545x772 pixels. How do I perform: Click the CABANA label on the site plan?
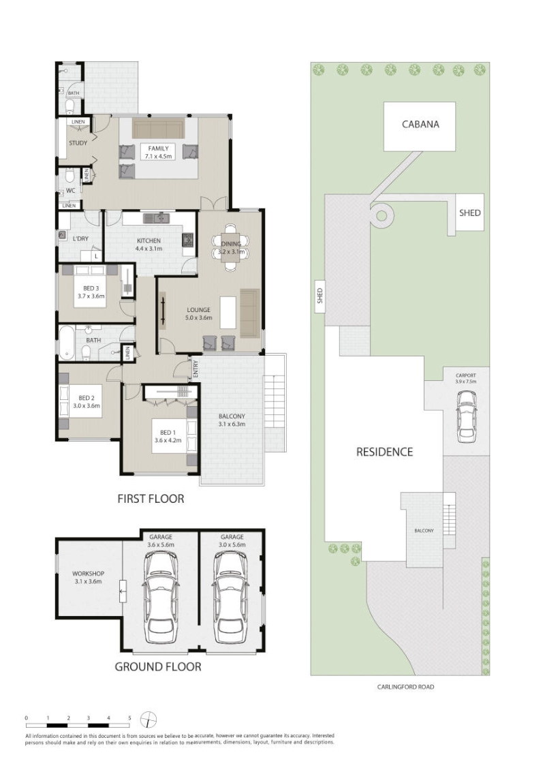tap(420, 124)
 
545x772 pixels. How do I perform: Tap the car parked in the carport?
tap(466, 416)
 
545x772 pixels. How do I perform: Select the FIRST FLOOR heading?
tap(151, 499)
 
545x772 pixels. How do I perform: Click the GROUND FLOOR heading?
tap(158, 666)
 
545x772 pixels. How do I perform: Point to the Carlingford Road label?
tap(405, 687)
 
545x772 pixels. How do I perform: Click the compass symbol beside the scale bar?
tap(148, 720)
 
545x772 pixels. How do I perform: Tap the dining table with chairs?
tap(231, 247)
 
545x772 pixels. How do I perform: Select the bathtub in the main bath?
tap(66, 342)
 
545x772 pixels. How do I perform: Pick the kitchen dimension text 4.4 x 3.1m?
tap(149, 249)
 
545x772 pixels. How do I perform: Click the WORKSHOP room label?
tap(88, 574)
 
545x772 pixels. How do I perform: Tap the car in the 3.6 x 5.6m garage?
tap(161, 597)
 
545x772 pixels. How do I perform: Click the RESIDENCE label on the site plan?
tap(384, 452)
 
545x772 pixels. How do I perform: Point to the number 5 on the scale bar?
tap(129, 718)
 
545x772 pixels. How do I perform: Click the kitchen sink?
tap(157, 217)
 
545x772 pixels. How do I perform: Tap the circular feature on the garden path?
tap(381, 215)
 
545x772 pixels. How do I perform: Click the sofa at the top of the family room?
tap(158, 129)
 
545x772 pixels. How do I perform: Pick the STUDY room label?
tap(78, 143)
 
